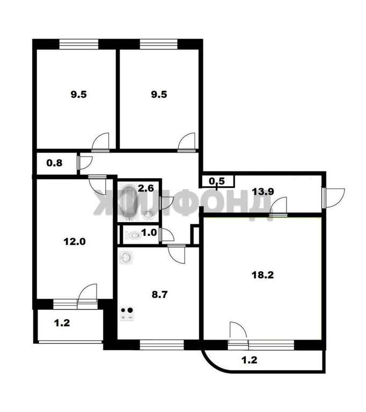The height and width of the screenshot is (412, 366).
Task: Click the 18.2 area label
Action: point(262,275)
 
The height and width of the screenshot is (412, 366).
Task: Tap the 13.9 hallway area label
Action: point(262,192)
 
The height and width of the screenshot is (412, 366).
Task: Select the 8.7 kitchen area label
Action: point(159,295)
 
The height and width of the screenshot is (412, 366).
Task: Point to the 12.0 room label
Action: point(75,241)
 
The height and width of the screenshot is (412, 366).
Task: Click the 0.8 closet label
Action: point(54,163)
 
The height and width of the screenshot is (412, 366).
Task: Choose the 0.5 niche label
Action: point(217,181)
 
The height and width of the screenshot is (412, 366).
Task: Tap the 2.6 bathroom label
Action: point(145,188)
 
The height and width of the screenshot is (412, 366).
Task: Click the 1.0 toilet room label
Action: point(149,232)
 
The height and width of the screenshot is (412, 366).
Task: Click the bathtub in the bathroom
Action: point(129,202)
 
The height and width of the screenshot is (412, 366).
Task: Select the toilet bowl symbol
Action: point(133,235)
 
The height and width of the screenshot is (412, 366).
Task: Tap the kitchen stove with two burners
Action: point(127,314)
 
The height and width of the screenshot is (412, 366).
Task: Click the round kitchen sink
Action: point(126,257)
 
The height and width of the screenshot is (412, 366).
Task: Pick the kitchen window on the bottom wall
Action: point(162,345)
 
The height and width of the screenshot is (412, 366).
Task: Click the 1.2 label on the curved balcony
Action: point(249,360)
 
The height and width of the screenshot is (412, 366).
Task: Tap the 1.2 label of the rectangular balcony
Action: point(62,323)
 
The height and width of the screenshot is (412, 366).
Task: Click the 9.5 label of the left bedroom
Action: point(78,94)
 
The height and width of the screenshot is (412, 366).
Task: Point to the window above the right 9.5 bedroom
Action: point(159,44)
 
